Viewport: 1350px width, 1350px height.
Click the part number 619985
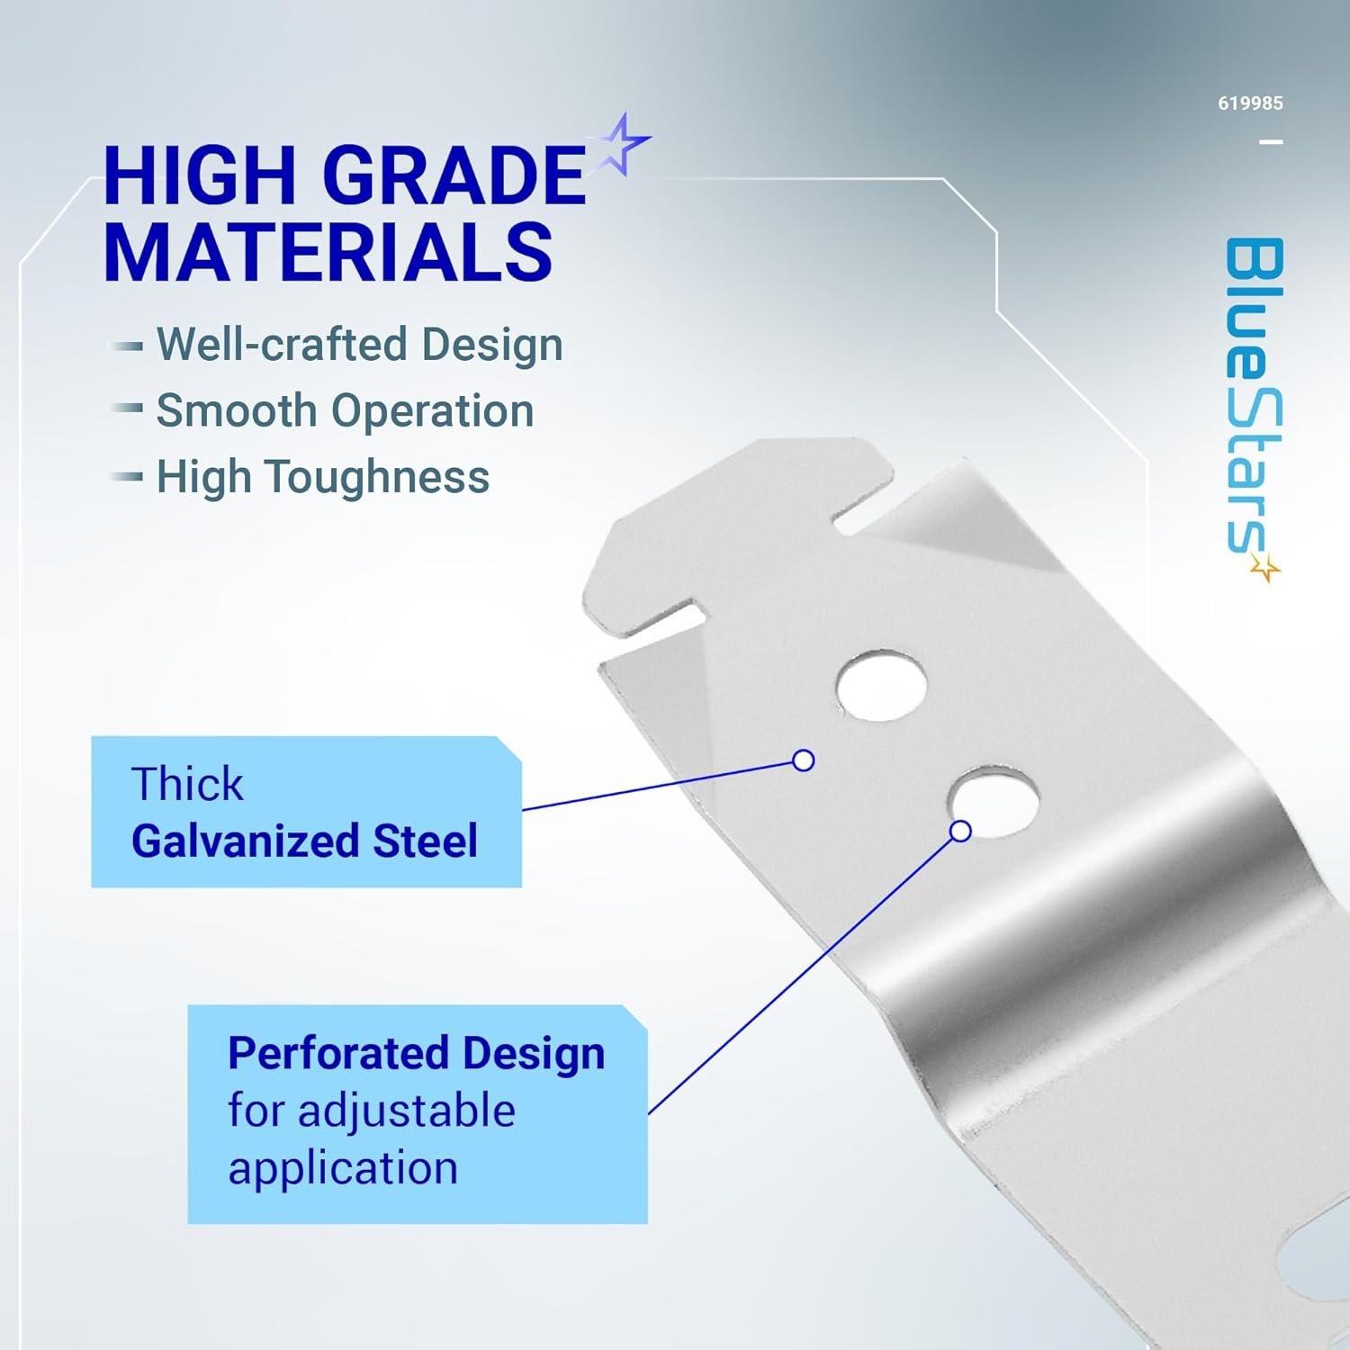click(x=1250, y=103)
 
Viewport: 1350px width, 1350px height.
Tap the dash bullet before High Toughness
click(x=125, y=477)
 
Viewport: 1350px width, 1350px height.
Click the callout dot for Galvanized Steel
click(x=803, y=760)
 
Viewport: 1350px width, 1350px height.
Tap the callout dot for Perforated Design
click(x=960, y=831)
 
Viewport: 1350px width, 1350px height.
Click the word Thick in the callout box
click(x=187, y=784)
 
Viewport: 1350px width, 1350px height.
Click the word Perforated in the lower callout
click(x=338, y=1054)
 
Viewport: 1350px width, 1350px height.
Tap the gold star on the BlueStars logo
click(x=1265, y=567)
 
